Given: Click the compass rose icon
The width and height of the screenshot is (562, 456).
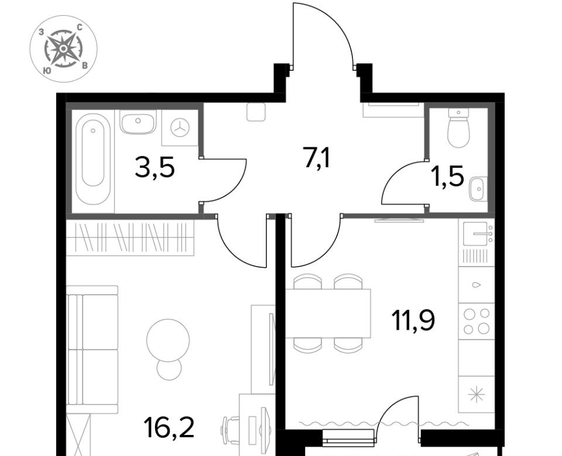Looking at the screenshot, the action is coord(63,49).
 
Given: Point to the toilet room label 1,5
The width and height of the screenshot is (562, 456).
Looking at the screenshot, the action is coord(448,176).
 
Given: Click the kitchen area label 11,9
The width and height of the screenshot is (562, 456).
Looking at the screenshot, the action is coord(413,320).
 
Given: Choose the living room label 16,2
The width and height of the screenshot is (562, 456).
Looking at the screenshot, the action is coord(169,428).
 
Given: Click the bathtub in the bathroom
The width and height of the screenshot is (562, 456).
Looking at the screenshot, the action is coord(93,159).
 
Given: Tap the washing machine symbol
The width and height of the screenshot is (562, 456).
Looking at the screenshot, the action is coord(180,128).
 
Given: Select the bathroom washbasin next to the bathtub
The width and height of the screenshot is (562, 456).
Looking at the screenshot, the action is coord(138,122).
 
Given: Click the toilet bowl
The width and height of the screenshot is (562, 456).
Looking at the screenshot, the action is coord(458,128).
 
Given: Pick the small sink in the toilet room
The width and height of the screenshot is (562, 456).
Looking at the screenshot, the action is coord(478,189).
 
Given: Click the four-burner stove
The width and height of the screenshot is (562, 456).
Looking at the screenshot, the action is coord(477,321).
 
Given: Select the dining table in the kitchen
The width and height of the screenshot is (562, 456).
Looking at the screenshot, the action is coord(328,313).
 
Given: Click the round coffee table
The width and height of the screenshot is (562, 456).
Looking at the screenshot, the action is coord(168,340).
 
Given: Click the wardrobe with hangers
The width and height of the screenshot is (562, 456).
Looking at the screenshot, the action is coord(130,238).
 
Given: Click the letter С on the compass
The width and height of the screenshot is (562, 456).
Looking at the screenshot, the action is coord(80,27).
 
